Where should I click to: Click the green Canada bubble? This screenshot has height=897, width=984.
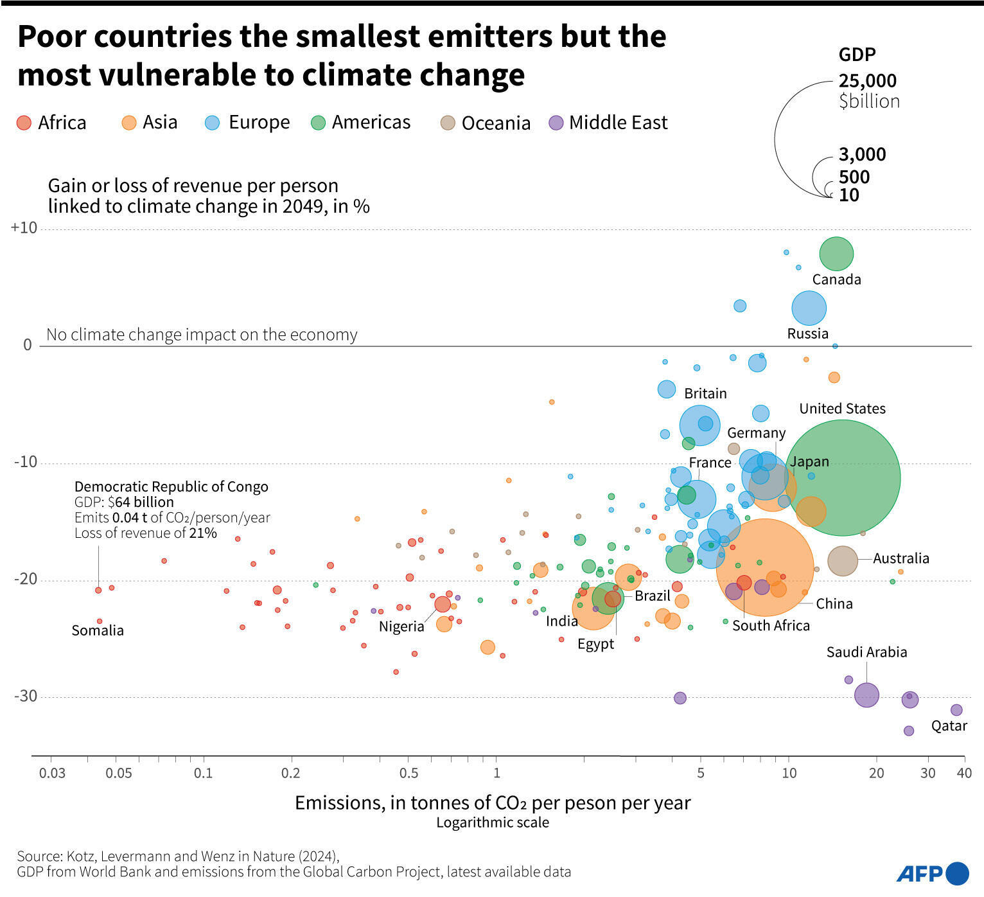click(836, 254)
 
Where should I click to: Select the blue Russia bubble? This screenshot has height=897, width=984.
click(809, 308)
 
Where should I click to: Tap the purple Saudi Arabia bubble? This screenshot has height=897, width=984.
click(866, 695)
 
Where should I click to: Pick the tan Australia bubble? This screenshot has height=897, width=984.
click(843, 561)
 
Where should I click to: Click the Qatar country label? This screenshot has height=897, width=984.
click(949, 725)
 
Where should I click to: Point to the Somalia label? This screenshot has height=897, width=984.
click(98, 630)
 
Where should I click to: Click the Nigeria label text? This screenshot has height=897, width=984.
click(401, 626)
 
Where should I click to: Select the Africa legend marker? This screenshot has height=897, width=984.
click(24, 123)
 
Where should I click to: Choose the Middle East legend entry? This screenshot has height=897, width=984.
click(608, 123)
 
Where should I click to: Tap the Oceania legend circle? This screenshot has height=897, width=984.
click(448, 123)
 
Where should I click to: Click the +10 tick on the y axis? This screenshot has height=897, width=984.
click(24, 228)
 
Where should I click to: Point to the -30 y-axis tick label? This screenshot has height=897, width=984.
click(24, 697)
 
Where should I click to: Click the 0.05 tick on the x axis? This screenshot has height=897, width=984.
click(119, 773)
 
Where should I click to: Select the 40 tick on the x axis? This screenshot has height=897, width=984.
click(964, 773)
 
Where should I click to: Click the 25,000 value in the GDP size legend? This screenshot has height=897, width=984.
click(867, 81)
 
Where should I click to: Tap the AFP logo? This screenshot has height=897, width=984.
click(932, 873)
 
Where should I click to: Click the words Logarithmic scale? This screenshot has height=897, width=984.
click(493, 822)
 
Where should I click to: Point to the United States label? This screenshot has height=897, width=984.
click(842, 409)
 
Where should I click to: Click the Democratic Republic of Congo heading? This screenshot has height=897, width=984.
click(171, 486)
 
